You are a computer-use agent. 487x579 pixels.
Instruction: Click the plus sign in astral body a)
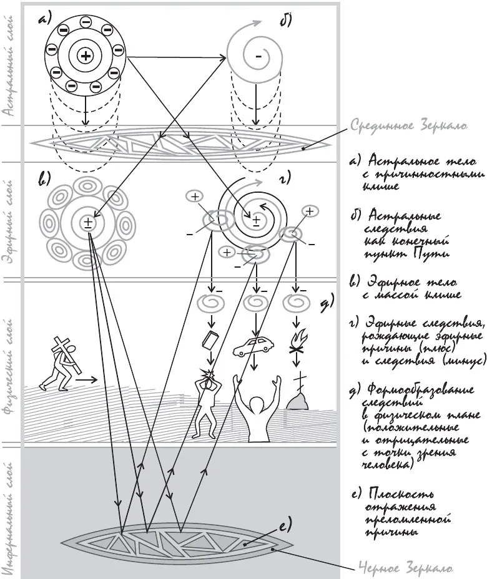[x=85, y=56]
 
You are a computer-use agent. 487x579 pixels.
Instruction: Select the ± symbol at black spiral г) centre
[x=256, y=220]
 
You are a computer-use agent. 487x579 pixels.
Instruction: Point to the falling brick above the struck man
[x=210, y=342]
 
